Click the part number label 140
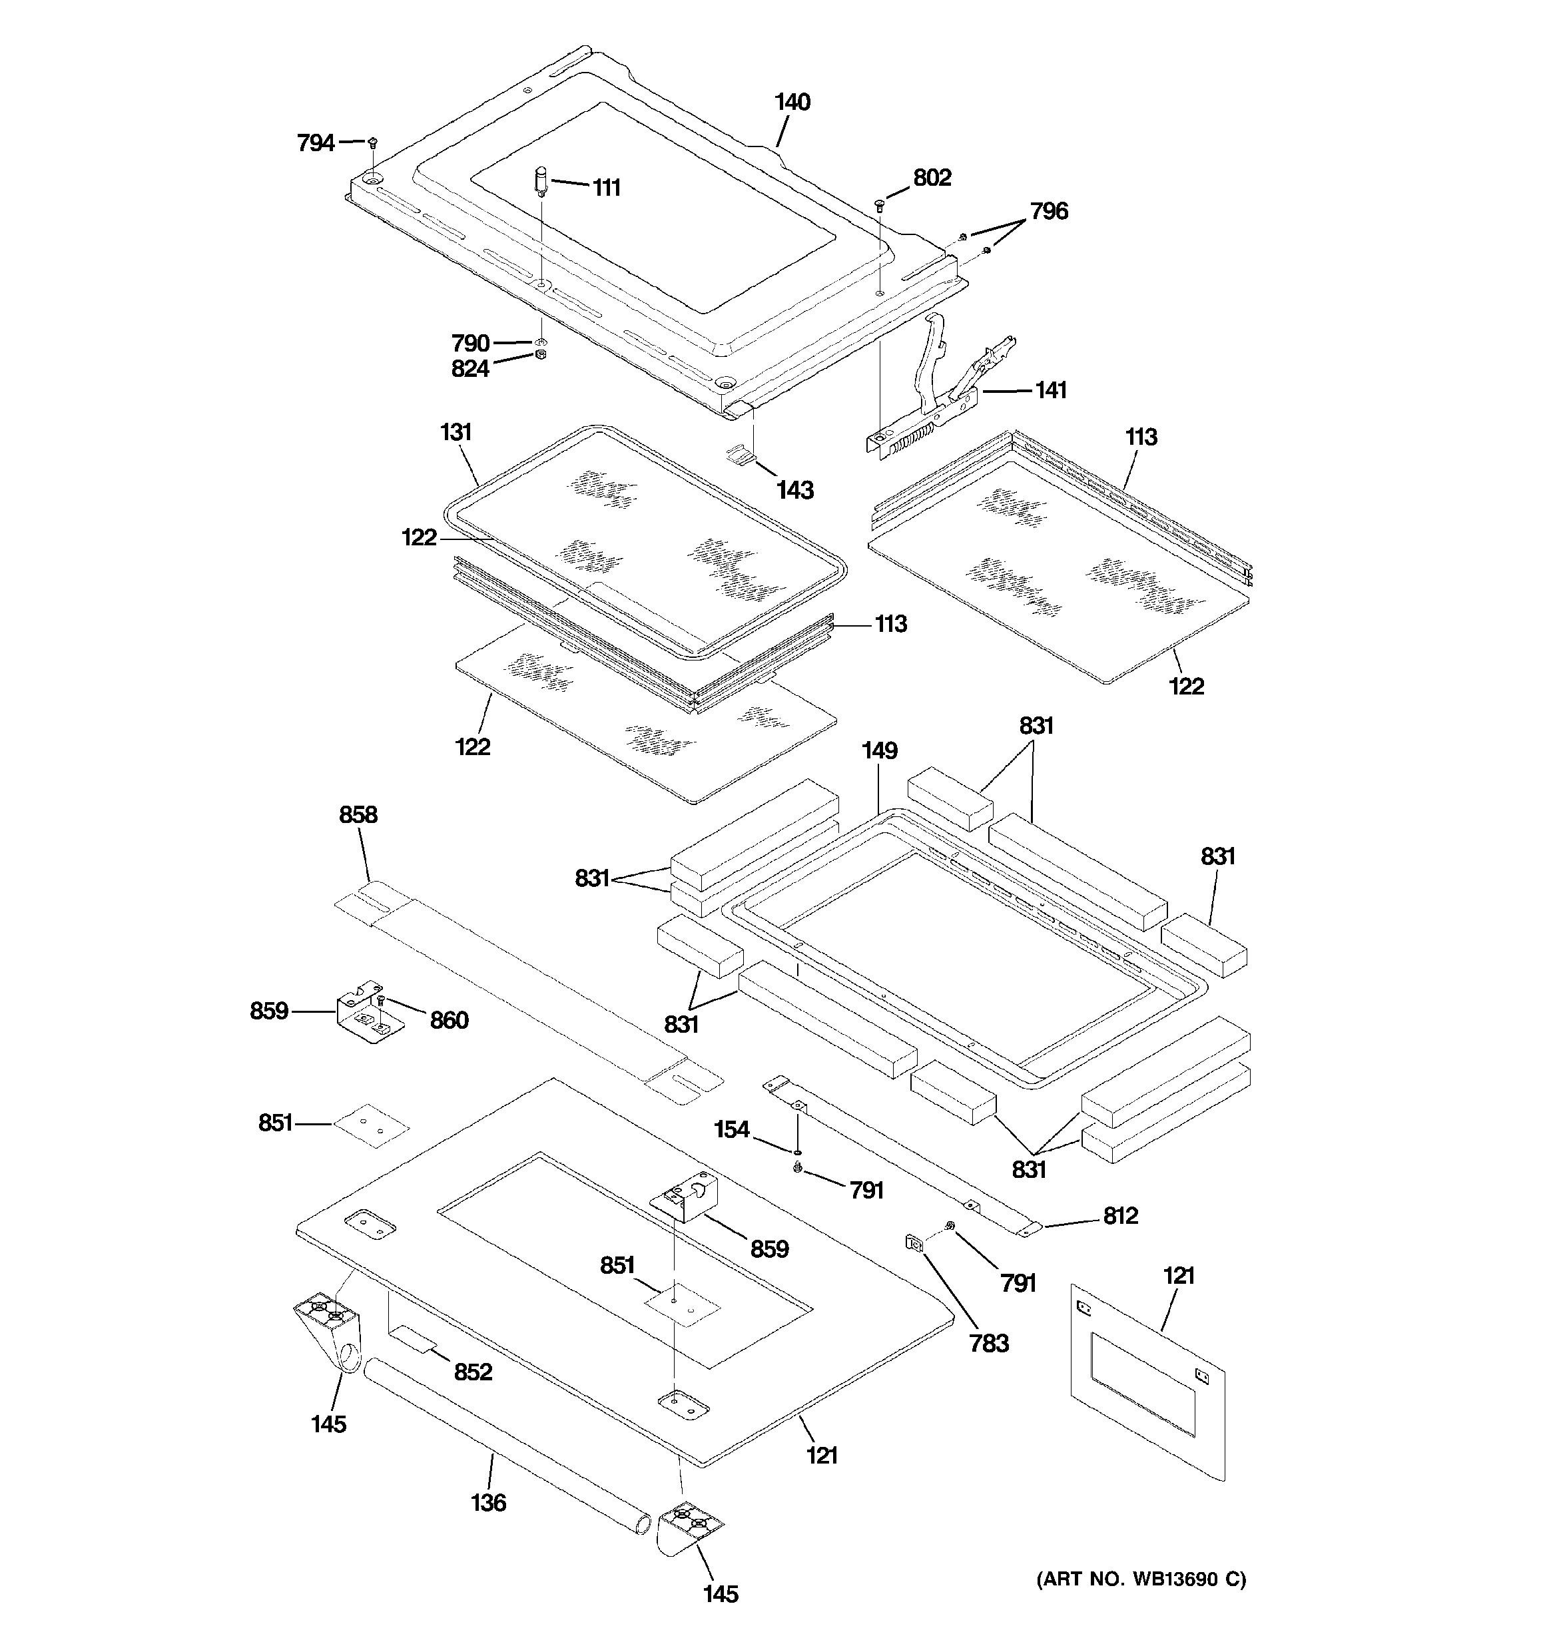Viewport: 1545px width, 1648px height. [792, 102]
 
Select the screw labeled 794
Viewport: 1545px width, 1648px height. [372, 142]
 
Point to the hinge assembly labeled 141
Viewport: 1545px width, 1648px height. [941, 390]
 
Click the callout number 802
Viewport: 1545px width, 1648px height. [932, 177]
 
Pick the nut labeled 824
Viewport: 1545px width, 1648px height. [540, 355]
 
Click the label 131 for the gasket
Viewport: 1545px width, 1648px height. [456, 432]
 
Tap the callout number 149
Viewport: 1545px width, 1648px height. [879, 750]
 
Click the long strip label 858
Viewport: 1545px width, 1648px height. [358, 815]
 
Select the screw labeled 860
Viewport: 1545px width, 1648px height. [382, 1003]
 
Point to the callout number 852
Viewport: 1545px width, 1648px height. [473, 1372]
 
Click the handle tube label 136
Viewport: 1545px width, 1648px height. [487, 1502]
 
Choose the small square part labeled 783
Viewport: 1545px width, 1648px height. [914, 1242]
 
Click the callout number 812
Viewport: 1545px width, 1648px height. [1120, 1215]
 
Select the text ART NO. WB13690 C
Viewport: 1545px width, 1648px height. [1141, 1579]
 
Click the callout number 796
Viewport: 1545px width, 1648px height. [1049, 210]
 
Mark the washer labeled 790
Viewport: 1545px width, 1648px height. [541, 341]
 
